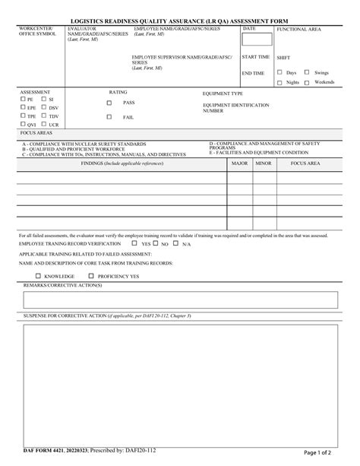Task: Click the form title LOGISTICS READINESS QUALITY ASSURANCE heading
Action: pyautogui.click(x=179, y=21)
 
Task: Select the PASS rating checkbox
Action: pyautogui.click(x=109, y=103)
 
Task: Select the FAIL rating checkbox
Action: pyautogui.click(x=109, y=117)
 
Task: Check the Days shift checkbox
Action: pyautogui.click(x=279, y=72)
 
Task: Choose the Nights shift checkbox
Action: pyautogui.click(x=279, y=82)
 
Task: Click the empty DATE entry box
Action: pyautogui.click(x=256, y=40)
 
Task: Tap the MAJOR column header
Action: pyautogui.click(x=239, y=163)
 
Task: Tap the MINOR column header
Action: pyautogui.click(x=263, y=163)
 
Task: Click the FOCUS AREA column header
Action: pyautogui.click(x=305, y=163)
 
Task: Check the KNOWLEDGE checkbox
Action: pyautogui.click(x=38, y=276)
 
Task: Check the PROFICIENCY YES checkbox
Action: pyautogui.click(x=91, y=276)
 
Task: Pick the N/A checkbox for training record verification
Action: pyautogui.click(x=175, y=244)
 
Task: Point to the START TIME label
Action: pyautogui.click(x=256, y=57)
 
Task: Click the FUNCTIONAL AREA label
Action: pyautogui.click(x=299, y=28)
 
